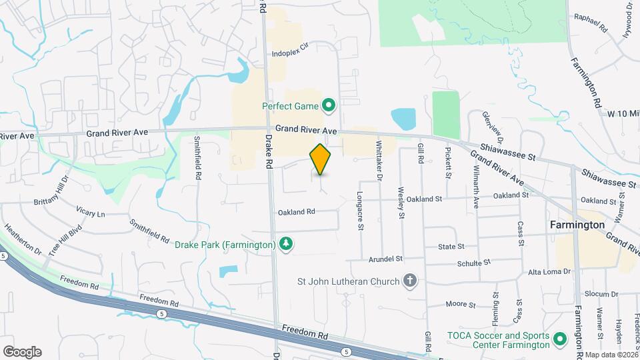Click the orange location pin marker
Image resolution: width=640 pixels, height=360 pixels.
pos(321,159)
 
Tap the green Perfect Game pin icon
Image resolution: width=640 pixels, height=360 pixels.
pos(328,105)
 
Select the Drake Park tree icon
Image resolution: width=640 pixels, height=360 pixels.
pos(286,245)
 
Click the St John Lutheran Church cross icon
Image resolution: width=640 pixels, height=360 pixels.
pos(410,281)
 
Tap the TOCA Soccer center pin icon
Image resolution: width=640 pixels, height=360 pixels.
pos(561,340)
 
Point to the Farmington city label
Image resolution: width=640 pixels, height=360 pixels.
pos(577,225)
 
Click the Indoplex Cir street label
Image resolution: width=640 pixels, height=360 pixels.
pos(291,51)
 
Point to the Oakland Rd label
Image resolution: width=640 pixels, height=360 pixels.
pos(296,211)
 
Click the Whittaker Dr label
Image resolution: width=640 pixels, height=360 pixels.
pos(379,161)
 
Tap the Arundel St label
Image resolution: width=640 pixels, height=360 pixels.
pos(385,258)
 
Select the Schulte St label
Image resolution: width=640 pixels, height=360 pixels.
pos(473,263)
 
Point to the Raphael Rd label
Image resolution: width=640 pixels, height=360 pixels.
pos(596,25)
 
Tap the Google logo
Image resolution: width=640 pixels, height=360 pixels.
pos(23,351)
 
